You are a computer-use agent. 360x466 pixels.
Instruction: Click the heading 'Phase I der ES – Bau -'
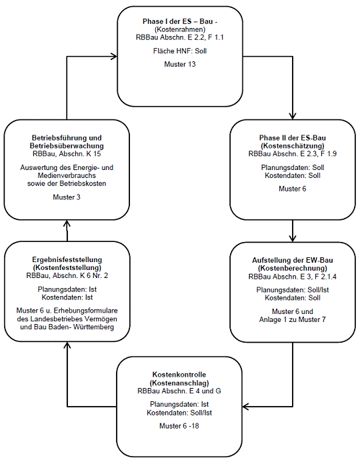(x=180, y=21)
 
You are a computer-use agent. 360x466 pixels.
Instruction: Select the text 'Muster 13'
(x=180, y=64)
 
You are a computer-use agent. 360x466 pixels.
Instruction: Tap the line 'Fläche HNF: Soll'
(x=180, y=51)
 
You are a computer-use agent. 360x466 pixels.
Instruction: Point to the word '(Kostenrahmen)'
(x=180, y=29)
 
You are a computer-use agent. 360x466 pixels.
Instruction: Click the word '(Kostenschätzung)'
(x=293, y=146)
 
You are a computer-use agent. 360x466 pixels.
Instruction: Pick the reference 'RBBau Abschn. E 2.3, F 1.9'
(x=293, y=153)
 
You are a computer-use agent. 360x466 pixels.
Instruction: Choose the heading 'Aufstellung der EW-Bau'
(x=293, y=260)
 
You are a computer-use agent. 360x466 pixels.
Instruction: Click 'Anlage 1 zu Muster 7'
(x=293, y=319)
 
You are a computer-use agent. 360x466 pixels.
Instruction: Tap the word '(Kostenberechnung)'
(x=293, y=268)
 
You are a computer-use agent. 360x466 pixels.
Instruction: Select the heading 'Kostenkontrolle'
(x=179, y=375)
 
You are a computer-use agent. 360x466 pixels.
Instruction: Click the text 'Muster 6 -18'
(x=179, y=426)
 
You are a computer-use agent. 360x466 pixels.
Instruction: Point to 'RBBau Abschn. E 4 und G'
(x=179, y=391)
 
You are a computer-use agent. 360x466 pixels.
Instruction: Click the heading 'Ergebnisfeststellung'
(x=67, y=259)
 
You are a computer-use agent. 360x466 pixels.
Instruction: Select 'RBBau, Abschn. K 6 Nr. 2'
(x=67, y=275)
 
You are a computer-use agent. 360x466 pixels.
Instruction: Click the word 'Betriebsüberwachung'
(x=67, y=146)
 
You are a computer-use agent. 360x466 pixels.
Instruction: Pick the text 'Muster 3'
(x=67, y=197)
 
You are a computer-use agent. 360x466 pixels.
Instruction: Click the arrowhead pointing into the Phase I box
(x=114, y=56)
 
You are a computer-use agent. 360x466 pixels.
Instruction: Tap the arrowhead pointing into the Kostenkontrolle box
(x=246, y=407)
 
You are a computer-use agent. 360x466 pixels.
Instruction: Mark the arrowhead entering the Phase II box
(x=293, y=116)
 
